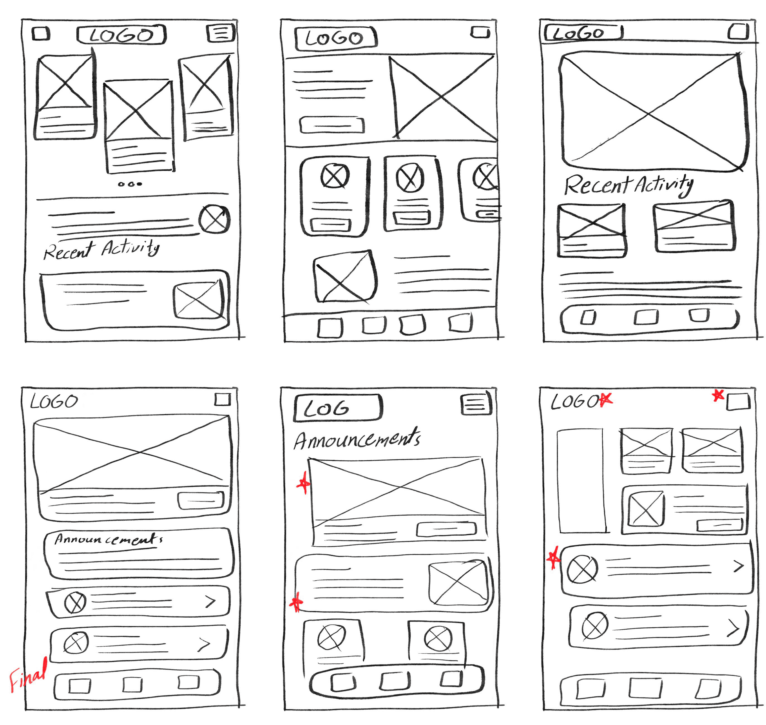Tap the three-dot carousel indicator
coord(130,184)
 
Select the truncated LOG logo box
coord(337,408)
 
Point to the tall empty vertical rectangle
coord(581,480)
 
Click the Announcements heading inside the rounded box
coord(108,539)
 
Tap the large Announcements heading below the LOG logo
coord(356,440)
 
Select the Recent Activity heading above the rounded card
coord(101,249)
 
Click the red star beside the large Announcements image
coord(304,483)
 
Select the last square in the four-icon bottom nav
coord(460,322)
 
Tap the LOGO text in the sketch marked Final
coord(54,402)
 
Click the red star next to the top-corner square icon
coord(718,395)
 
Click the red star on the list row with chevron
coord(554,558)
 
